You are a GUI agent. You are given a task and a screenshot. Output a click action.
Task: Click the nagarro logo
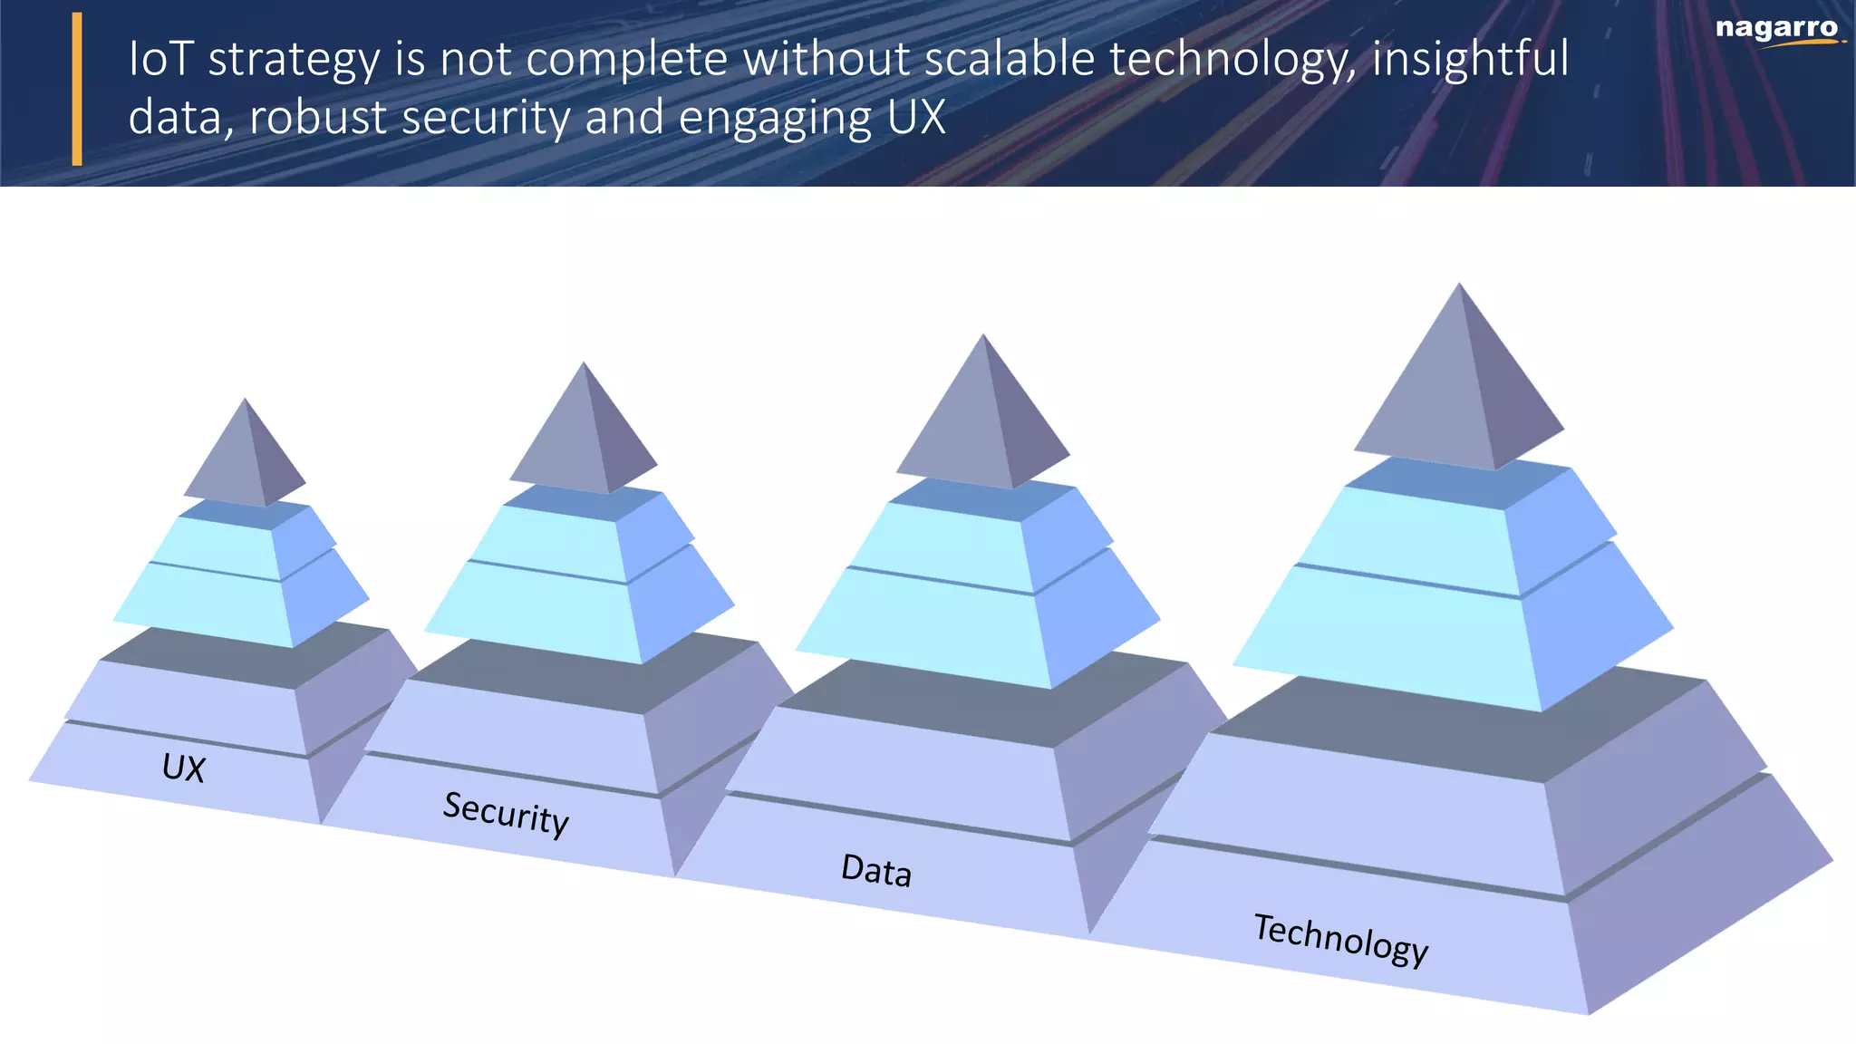click(1777, 30)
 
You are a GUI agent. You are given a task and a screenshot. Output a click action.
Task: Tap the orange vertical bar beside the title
click(77, 89)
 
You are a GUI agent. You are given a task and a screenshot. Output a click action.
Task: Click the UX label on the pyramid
click(184, 768)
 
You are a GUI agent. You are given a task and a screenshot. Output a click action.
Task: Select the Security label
click(506, 814)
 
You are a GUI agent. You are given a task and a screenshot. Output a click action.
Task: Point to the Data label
click(875, 870)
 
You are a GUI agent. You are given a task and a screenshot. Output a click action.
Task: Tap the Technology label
click(1340, 940)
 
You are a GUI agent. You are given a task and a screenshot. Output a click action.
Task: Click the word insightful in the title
click(1469, 59)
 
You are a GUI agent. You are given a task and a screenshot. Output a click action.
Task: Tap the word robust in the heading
click(317, 118)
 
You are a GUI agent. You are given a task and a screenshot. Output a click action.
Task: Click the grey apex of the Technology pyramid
click(1459, 381)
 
